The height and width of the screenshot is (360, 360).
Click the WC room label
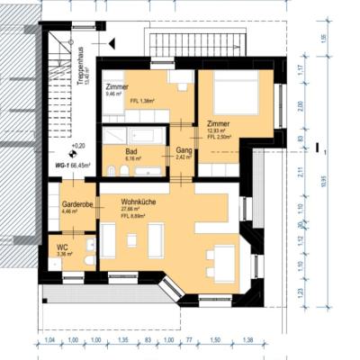tap(63, 246)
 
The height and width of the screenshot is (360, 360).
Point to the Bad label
tap(131, 151)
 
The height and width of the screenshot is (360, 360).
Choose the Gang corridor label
tap(184, 151)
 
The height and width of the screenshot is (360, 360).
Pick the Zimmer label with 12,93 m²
tap(217, 123)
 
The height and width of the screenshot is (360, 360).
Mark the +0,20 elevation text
tap(78, 145)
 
